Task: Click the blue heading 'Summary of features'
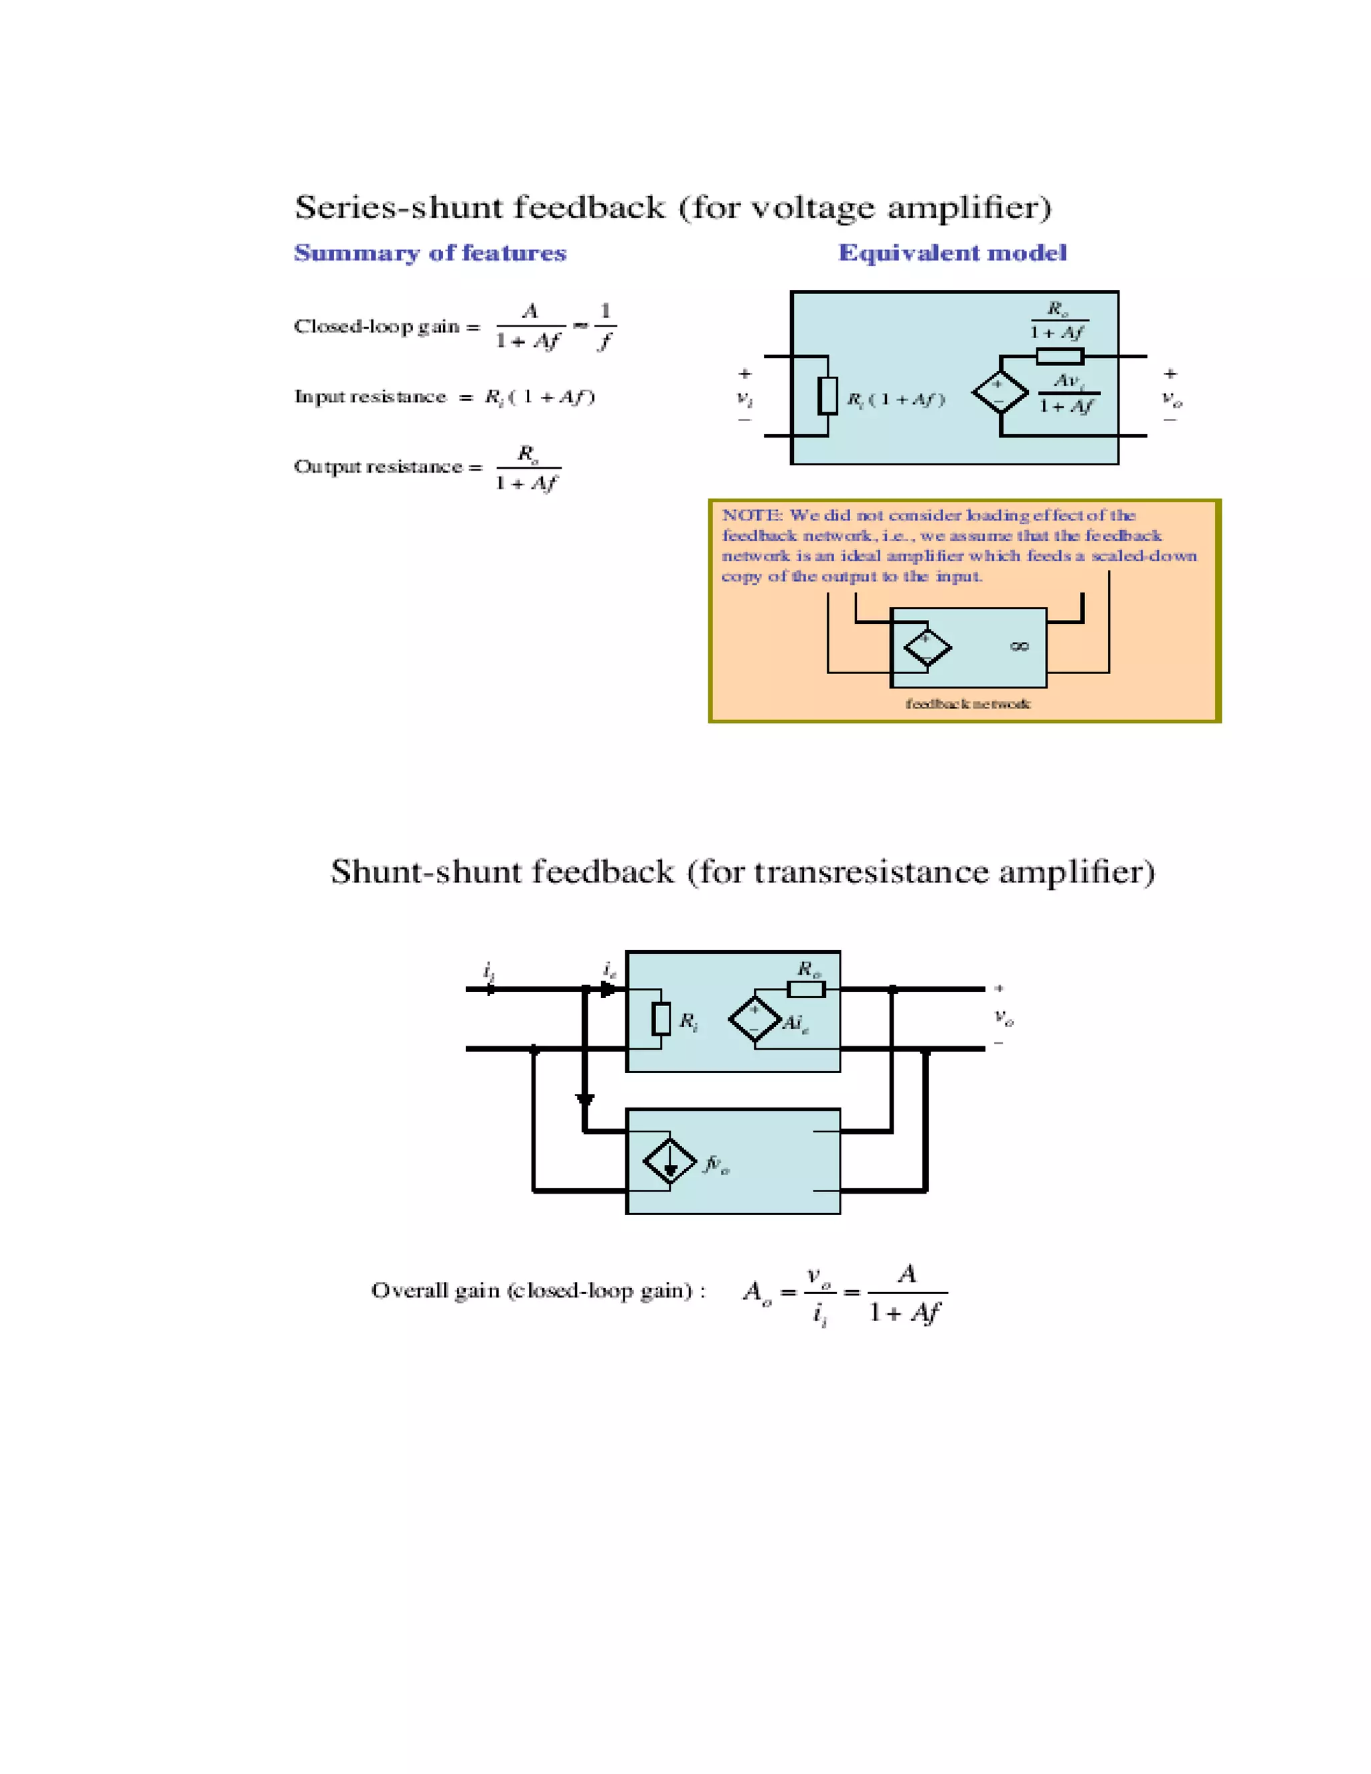coord(430,254)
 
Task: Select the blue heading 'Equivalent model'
coord(952,254)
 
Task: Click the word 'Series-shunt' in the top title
coord(399,208)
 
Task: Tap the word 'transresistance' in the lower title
coord(872,872)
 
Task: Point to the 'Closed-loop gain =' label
coord(387,327)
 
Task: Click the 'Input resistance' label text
coord(370,396)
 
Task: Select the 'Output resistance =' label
coord(388,467)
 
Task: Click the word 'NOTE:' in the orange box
coord(752,515)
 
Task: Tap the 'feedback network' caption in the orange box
coord(967,704)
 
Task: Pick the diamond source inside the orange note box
coord(926,648)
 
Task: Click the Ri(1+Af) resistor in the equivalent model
coord(827,396)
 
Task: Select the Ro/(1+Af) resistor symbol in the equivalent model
coord(1059,355)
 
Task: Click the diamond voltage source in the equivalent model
coord(1000,392)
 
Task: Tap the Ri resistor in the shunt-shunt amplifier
coord(662,1019)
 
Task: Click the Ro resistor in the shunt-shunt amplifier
coord(806,989)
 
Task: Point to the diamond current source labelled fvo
coord(669,1162)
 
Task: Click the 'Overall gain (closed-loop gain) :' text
coord(538,1291)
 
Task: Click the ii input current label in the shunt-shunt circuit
coord(489,971)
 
